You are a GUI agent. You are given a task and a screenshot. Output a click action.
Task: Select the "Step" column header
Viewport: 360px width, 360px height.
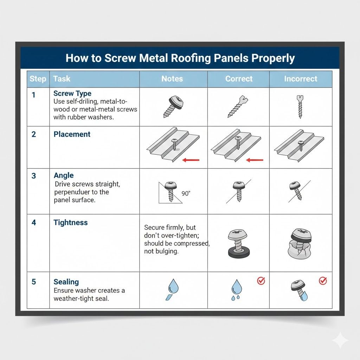pyautogui.click(x=38, y=79)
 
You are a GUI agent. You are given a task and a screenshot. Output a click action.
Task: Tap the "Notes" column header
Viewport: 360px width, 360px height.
pyautogui.click(x=172, y=79)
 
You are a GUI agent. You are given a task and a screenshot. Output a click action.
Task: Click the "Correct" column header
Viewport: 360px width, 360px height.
pyautogui.click(x=239, y=79)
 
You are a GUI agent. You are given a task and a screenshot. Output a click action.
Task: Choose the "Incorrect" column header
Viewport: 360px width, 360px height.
pyautogui.click(x=301, y=79)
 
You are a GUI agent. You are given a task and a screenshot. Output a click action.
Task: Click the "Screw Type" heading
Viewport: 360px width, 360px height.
pyautogui.click(x=72, y=94)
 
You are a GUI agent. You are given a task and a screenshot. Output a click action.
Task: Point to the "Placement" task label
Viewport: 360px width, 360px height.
pyautogui.click(x=72, y=134)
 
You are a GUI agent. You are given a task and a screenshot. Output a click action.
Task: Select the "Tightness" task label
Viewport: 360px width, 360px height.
pyautogui.click(x=70, y=223)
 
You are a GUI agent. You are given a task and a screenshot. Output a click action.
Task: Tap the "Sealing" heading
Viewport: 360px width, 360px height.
pyautogui.click(x=66, y=282)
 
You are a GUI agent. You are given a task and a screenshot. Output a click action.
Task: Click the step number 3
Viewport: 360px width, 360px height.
pyautogui.click(x=34, y=176)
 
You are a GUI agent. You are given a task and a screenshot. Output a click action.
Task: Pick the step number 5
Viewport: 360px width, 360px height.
pyautogui.click(x=34, y=282)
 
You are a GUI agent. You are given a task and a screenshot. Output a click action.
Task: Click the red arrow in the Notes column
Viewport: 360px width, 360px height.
pyautogui.click(x=191, y=160)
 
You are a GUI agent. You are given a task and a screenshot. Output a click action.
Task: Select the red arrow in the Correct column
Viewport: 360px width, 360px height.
pyautogui.click(x=255, y=160)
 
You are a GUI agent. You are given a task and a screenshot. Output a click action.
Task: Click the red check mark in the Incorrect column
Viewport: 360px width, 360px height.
pyautogui.click(x=322, y=281)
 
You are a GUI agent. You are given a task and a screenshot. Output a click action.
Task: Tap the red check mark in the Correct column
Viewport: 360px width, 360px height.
pyautogui.click(x=261, y=281)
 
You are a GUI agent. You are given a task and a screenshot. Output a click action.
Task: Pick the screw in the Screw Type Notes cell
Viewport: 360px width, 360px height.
pyautogui.click(x=174, y=105)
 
